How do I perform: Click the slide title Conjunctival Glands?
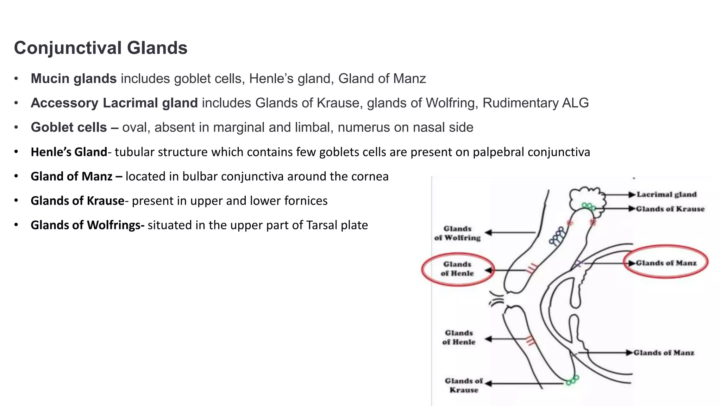tap(101, 48)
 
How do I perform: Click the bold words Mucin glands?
tap(74, 79)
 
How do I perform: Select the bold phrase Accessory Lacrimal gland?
tap(114, 103)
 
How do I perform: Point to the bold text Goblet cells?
tap(69, 127)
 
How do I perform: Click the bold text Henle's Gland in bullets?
tap(69, 152)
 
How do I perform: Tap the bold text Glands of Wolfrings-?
tap(88, 225)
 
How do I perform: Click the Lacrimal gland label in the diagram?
tap(666, 195)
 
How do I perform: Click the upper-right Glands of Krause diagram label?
tap(670, 209)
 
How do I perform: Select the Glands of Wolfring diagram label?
tap(457, 233)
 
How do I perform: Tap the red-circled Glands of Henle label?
tap(457, 269)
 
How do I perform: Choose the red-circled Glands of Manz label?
tap(666, 263)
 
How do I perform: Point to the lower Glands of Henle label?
tap(459, 337)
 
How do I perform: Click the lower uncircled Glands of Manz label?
tap(664, 352)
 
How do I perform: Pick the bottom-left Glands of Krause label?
tap(464, 385)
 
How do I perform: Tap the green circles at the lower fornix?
tap(572, 380)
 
